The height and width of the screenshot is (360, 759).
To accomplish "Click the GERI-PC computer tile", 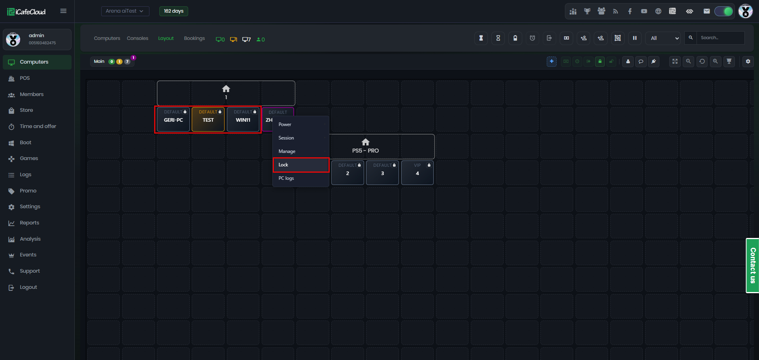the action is (174, 119).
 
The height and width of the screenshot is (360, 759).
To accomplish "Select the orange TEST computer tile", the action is (208, 119).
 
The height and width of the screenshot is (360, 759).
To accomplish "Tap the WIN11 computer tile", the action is (243, 119).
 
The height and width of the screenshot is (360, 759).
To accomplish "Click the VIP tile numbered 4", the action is (417, 173).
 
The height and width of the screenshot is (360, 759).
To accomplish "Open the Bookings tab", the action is (194, 38).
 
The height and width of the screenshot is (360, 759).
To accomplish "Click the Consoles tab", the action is (138, 38).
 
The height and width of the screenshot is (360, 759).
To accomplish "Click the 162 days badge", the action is (174, 11).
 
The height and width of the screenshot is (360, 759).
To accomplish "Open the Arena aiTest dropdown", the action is (125, 11).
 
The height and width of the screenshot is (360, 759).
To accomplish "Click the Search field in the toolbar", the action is (720, 38).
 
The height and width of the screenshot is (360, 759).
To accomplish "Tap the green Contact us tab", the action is (752, 266).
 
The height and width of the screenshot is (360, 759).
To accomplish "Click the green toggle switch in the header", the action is (724, 11).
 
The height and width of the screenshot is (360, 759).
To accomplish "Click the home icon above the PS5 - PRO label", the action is (366, 142).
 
